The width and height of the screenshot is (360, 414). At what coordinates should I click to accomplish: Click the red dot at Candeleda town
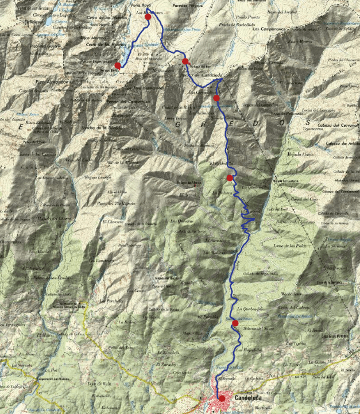click(x=222, y=397)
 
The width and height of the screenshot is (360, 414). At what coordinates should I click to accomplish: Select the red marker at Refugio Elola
click(x=118, y=65)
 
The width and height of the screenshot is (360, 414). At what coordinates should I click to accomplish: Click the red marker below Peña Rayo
click(x=148, y=17)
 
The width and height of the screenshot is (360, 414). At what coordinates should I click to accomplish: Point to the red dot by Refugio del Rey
click(x=185, y=61)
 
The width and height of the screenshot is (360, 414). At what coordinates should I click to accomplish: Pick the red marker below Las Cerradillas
click(x=216, y=98)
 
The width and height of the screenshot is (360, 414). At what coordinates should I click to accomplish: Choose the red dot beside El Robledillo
click(x=230, y=178)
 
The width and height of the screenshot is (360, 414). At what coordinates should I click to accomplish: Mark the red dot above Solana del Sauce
click(x=235, y=323)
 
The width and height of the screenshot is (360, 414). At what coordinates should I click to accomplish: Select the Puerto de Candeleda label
click(x=201, y=75)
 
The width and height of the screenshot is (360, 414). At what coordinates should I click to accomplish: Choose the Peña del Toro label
click(x=121, y=347)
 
